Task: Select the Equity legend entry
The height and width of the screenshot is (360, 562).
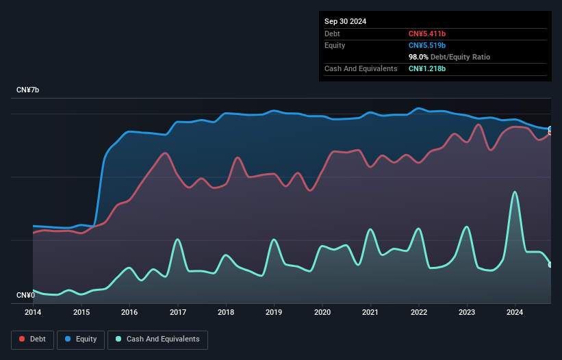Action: click(81, 339)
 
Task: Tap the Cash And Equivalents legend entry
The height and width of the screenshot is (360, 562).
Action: click(157, 339)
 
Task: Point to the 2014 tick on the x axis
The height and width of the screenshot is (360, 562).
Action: click(33, 312)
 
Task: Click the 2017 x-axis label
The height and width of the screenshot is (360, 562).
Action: click(177, 312)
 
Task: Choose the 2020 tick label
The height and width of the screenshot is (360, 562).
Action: click(322, 312)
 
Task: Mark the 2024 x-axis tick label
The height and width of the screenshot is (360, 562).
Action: click(515, 312)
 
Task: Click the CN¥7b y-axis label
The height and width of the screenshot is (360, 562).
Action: click(28, 90)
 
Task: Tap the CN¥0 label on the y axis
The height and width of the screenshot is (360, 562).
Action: click(25, 295)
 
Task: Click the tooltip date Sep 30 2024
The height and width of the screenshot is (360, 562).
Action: click(345, 21)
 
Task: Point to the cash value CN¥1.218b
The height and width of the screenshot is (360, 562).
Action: click(426, 68)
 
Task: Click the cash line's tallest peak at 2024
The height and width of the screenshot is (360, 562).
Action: click(515, 192)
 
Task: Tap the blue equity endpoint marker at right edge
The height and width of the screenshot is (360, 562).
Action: click(550, 129)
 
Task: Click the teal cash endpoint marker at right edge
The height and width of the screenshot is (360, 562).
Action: click(550, 265)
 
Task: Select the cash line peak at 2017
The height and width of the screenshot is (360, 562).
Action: click(177, 240)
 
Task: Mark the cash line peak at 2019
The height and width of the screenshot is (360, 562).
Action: click(274, 240)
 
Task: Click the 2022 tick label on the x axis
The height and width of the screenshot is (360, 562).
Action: click(419, 312)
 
